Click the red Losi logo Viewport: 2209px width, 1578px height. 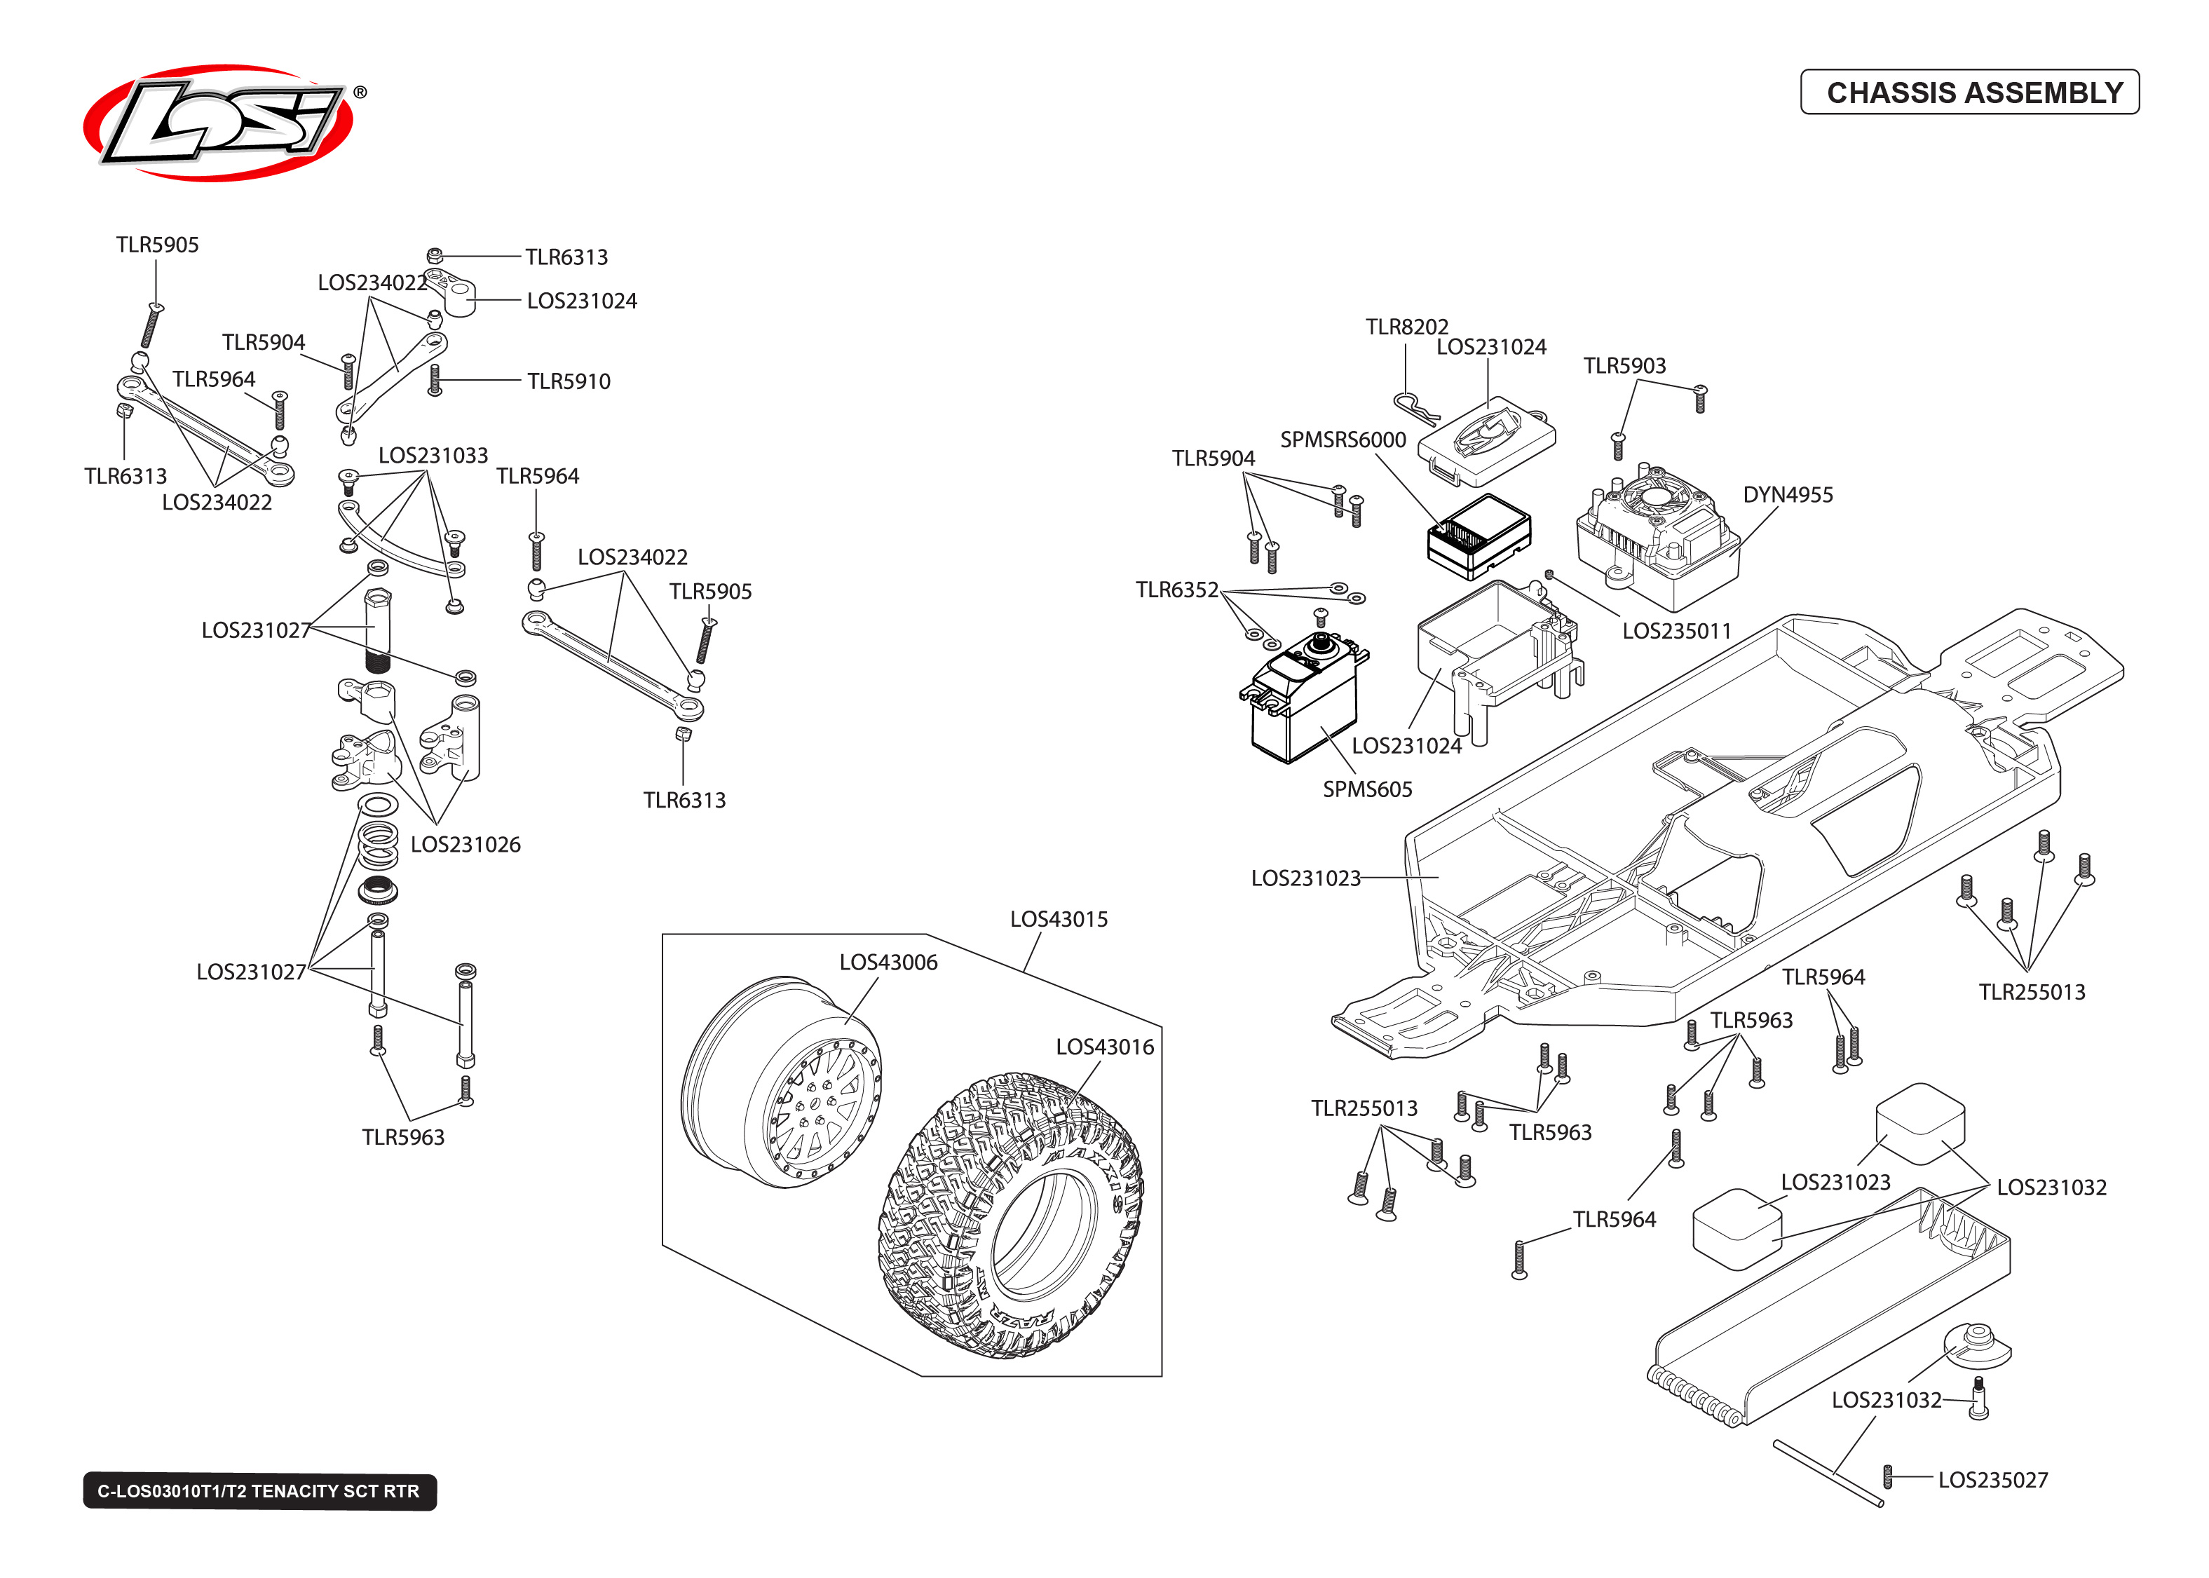pyautogui.click(x=219, y=123)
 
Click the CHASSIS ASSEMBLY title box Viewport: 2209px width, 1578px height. pyautogui.click(x=1969, y=93)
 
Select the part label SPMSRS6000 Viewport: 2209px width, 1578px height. pyautogui.click(x=1343, y=440)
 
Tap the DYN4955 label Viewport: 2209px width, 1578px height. pyautogui.click(x=1788, y=495)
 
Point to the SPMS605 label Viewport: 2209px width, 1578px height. pyautogui.click(x=1367, y=790)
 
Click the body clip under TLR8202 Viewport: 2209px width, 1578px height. pyautogui.click(x=1415, y=408)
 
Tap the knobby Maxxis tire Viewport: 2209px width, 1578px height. pyautogui.click(x=1010, y=1215)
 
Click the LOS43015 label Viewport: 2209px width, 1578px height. pyautogui.click(x=1059, y=919)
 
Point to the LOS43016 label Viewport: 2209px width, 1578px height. pyautogui.click(x=1105, y=1047)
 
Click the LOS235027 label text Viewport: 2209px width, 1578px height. pyautogui.click(x=1992, y=1481)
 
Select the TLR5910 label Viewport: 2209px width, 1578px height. pyautogui.click(x=569, y=382)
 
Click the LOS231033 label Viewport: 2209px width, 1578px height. pyautogui.click(x=433, y=456)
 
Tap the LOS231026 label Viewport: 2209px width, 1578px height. pyautogui.click(x=465, y=845)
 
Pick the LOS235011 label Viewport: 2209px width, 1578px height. pyautogui.click(x=1677, y=632)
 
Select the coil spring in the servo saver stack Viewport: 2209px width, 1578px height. pyautogui.click(x=378, y=845)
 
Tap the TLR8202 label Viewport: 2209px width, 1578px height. pyautogui.click(x=1406, y=327)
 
